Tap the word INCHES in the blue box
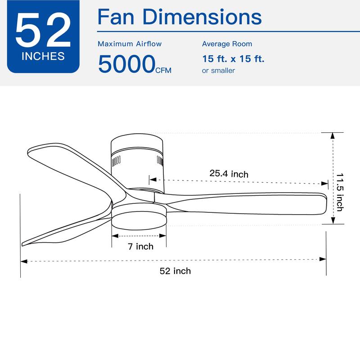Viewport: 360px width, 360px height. pyautogui.click(x=43, y=57)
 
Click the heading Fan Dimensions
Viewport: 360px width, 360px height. pyautogui.click(x=180, y=17)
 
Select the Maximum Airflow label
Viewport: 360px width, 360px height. pyautogui.click(x=130, y=44)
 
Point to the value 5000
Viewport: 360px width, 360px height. pyautogui.click(x=126, y=64)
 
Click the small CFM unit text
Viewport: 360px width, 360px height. pyautogui.click(x=163, y=70)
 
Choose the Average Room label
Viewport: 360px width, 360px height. pyautogui.click(x=227, y=44)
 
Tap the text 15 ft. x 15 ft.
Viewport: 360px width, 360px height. pyautogui.click(x=233, y=59)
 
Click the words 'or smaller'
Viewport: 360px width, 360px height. pyautogui.click(x=218, y=71)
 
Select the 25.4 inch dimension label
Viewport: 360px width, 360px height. pyautogui.click(x=229, y=174)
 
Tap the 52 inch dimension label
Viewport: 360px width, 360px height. pyautogui.click(x=175, y=270)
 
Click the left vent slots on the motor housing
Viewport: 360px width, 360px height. pyautogui.click(x=116, y=160)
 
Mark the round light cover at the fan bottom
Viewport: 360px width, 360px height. pyautogui.click(x=139, y=219)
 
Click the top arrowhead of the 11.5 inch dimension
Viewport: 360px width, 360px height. pyautogui.click(x=333, y=136)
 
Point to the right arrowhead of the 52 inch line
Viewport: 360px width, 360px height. pyautogui.click(x=323, y=259)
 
